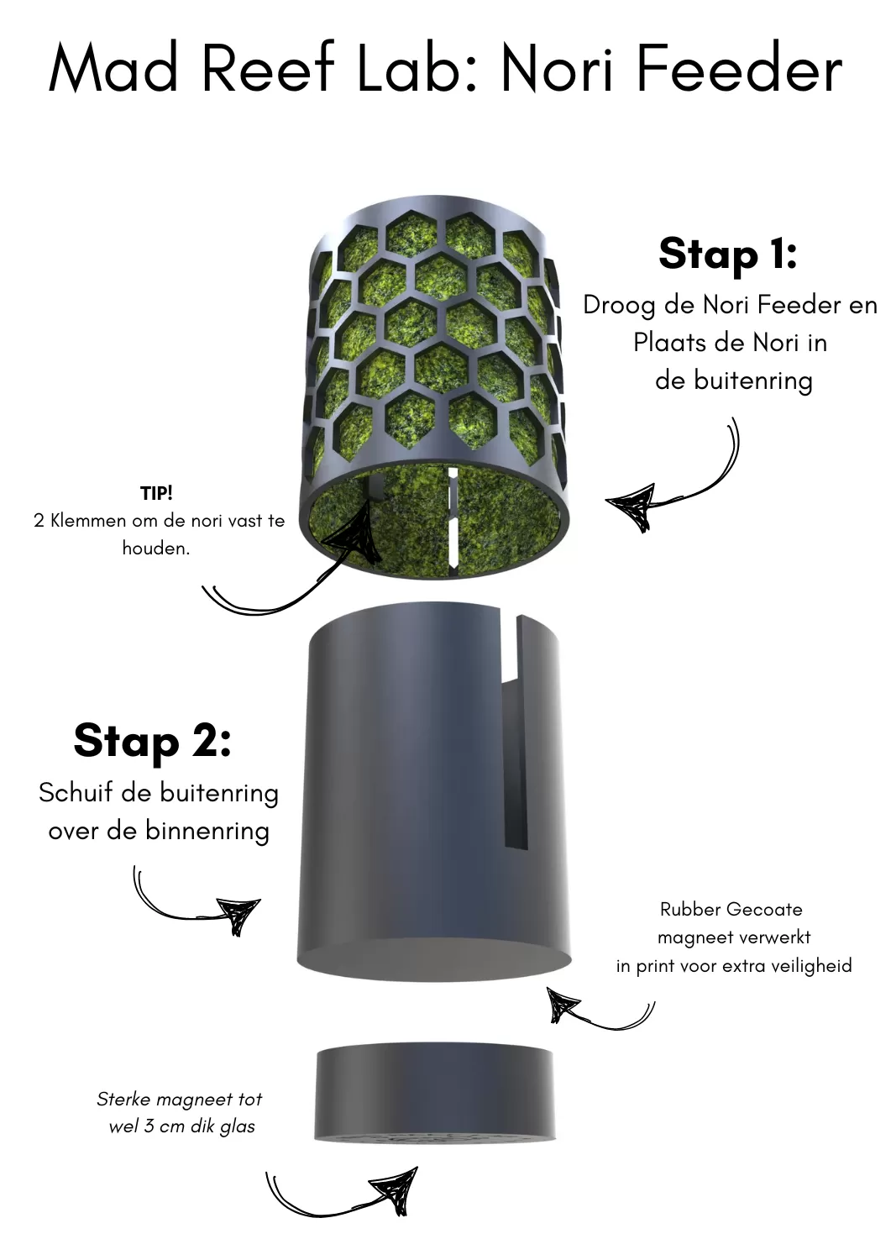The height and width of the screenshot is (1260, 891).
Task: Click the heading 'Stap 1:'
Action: coord(728,255)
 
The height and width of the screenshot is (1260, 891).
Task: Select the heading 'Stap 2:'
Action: coord(153,742)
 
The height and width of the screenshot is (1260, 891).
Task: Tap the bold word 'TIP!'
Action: coord(156,493)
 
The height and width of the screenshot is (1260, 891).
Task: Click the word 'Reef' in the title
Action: coord(267,66)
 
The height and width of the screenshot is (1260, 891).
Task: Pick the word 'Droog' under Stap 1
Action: coord(619,307)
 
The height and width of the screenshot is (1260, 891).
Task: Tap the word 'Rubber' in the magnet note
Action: coord(689,910)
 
